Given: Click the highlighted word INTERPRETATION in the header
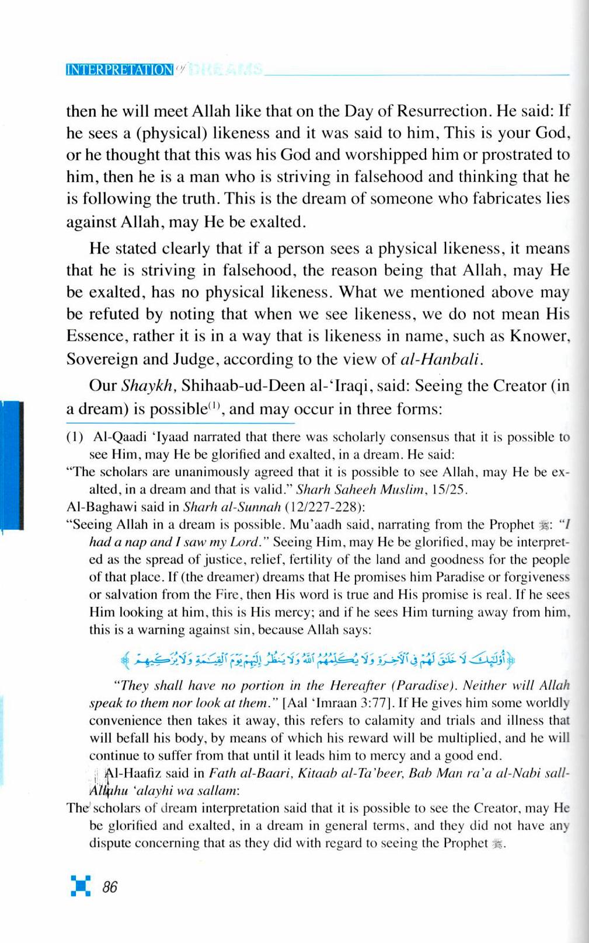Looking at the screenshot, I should tap(120, 69).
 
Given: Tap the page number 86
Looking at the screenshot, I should tap(110, 887).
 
